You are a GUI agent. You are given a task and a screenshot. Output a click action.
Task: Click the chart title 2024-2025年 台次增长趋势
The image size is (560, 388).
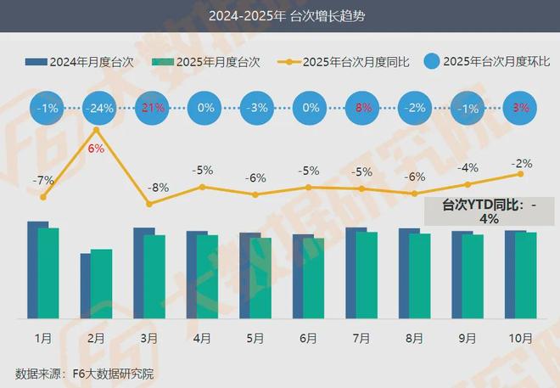(x=279, y=16)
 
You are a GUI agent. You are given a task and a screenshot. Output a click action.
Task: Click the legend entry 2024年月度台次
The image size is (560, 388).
(x=81, y=62)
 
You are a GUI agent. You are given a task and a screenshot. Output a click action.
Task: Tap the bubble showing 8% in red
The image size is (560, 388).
(x=362, y=109)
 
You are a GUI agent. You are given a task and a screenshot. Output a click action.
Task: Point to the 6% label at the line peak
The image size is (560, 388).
(x=96, y=149)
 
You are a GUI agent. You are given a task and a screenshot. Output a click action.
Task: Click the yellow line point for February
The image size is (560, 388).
(x=97, y=129)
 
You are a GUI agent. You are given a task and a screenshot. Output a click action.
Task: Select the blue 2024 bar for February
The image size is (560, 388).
(x=86, y=285)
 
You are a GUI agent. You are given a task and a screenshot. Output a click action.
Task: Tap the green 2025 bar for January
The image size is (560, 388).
(x=48, y=273)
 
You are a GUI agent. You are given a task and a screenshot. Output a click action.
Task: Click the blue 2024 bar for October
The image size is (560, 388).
(x=511, y=273)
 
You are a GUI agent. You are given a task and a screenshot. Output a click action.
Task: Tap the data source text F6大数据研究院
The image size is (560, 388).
(x=85, y=374)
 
